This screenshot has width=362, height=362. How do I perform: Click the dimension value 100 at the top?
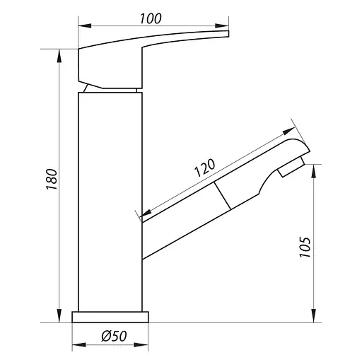coord(151,19)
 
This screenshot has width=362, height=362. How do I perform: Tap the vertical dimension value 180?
coord(52,179)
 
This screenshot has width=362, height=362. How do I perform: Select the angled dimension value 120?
coord(204,168)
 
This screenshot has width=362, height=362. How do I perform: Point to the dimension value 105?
coord(305,247)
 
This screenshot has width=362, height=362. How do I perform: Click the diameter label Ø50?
coord(114,336)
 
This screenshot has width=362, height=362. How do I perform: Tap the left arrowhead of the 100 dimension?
coord(85,25)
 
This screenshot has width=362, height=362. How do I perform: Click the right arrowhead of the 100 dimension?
coord(222,25)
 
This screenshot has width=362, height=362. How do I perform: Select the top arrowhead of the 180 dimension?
coord(59,56)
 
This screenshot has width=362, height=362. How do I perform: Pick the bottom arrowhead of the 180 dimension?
coord(59,316)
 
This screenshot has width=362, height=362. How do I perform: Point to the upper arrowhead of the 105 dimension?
coord(314,171)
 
